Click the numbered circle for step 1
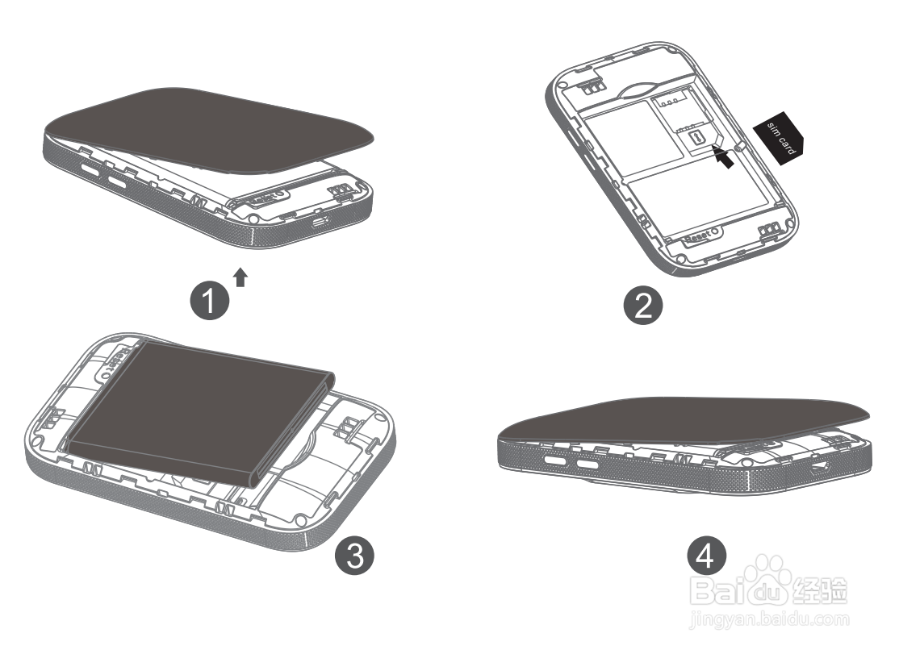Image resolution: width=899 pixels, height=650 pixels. pyautogui.click(x=209, y=302)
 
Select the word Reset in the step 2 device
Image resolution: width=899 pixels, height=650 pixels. pyautogui.click(x=697, y=235)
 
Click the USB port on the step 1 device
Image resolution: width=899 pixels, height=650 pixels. pyautogui.click(x=323, y=220)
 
